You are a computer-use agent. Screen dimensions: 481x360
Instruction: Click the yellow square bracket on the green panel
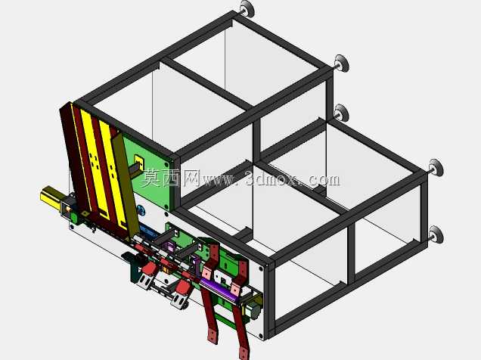click(139, 162)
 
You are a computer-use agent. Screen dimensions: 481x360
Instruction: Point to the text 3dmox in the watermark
click(272, 178)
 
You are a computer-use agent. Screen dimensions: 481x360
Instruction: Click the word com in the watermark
click(324, 180)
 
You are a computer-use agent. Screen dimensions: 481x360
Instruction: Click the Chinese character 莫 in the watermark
click(151, 178)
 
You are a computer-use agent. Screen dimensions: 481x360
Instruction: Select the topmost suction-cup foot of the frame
click(247, 9)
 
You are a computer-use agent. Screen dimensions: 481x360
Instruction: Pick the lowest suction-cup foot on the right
click(436, 235)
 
